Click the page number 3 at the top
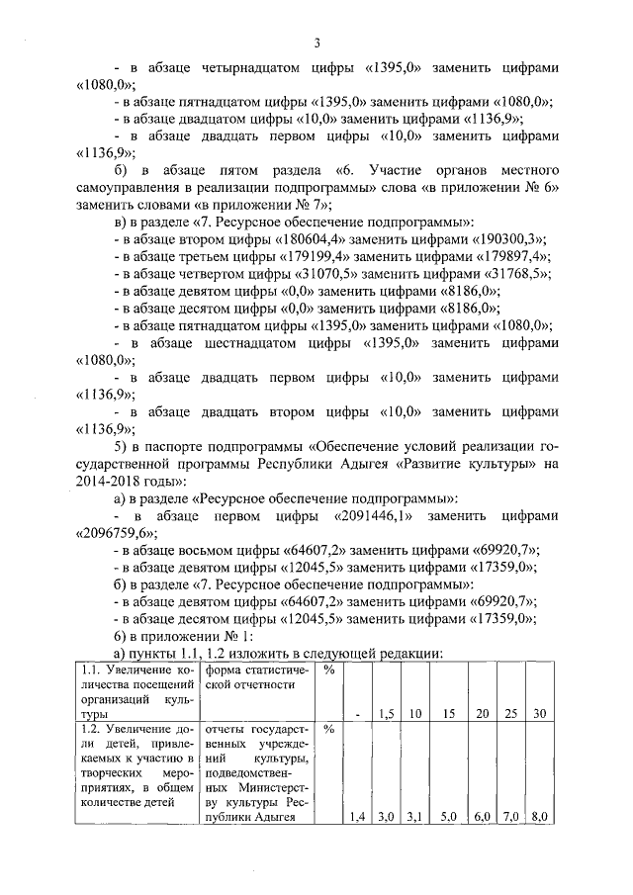(x=316, y=43)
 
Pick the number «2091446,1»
(x=376, y=516)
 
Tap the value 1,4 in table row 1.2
(x=357, y=816)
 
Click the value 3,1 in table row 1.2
(x=415, y=816)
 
